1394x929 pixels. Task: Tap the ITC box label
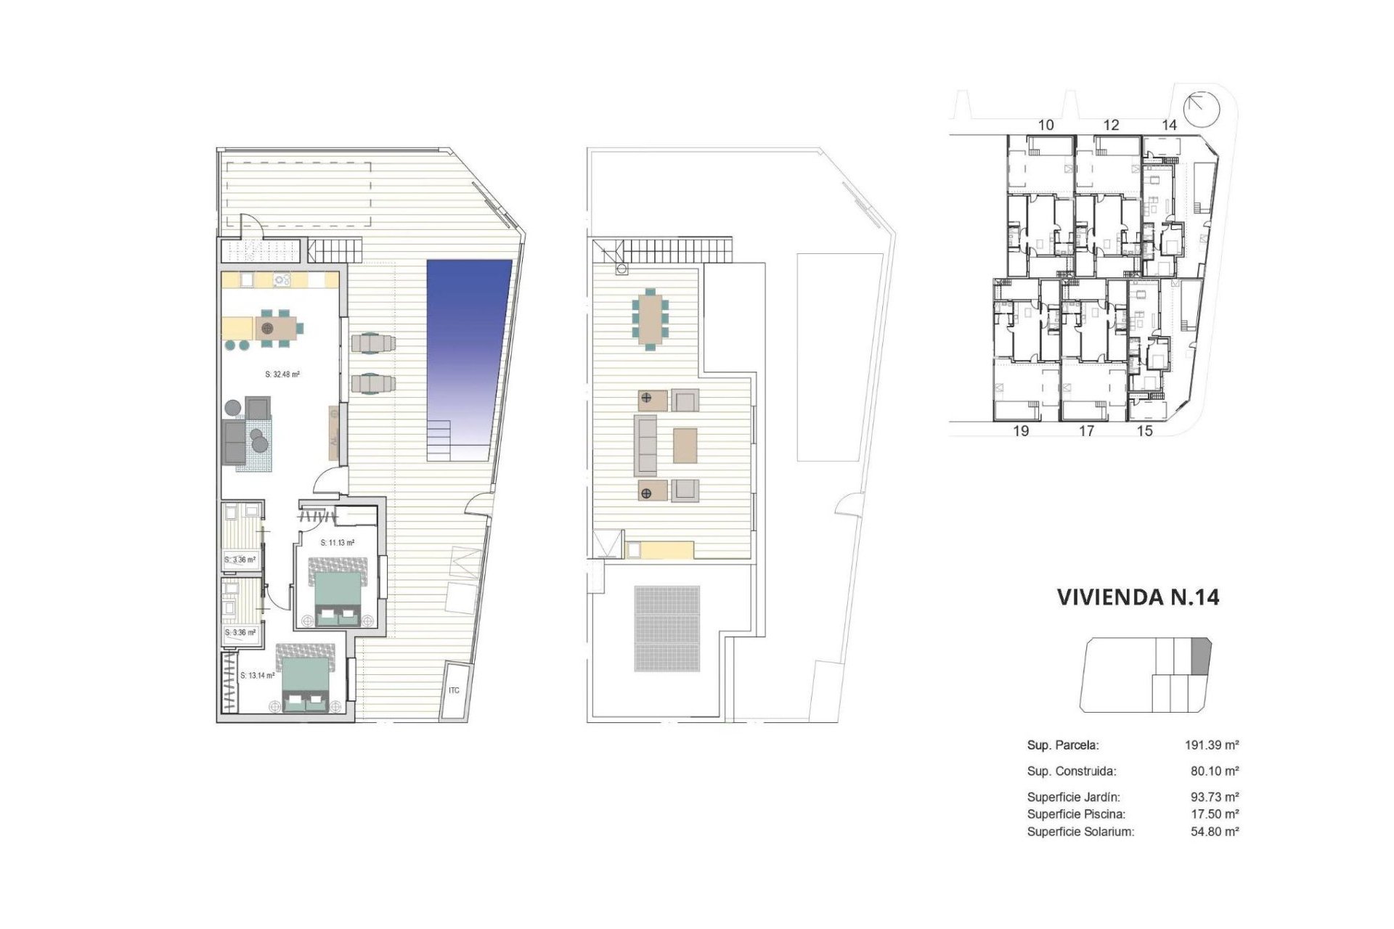coord(454,690)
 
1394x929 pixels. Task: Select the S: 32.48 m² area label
coord(282,375)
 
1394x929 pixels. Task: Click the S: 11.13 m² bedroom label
coord(338,542)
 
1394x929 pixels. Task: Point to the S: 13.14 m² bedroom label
coord(257,676)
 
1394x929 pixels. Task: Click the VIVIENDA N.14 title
coord(1138,597)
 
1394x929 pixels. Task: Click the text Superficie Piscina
coord(1076,814)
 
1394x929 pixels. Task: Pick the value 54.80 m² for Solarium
coord(1214,832)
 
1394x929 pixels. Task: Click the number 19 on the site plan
coord(1021,431)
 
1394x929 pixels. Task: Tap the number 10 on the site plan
coord(1045,125)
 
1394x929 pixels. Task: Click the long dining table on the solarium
coord(648,318)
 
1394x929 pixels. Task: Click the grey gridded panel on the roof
coord(667,629)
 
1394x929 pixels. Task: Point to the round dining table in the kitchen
coord(268,328)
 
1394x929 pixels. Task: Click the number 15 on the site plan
coord(1144,431)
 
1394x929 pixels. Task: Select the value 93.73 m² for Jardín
coord(1214,797)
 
